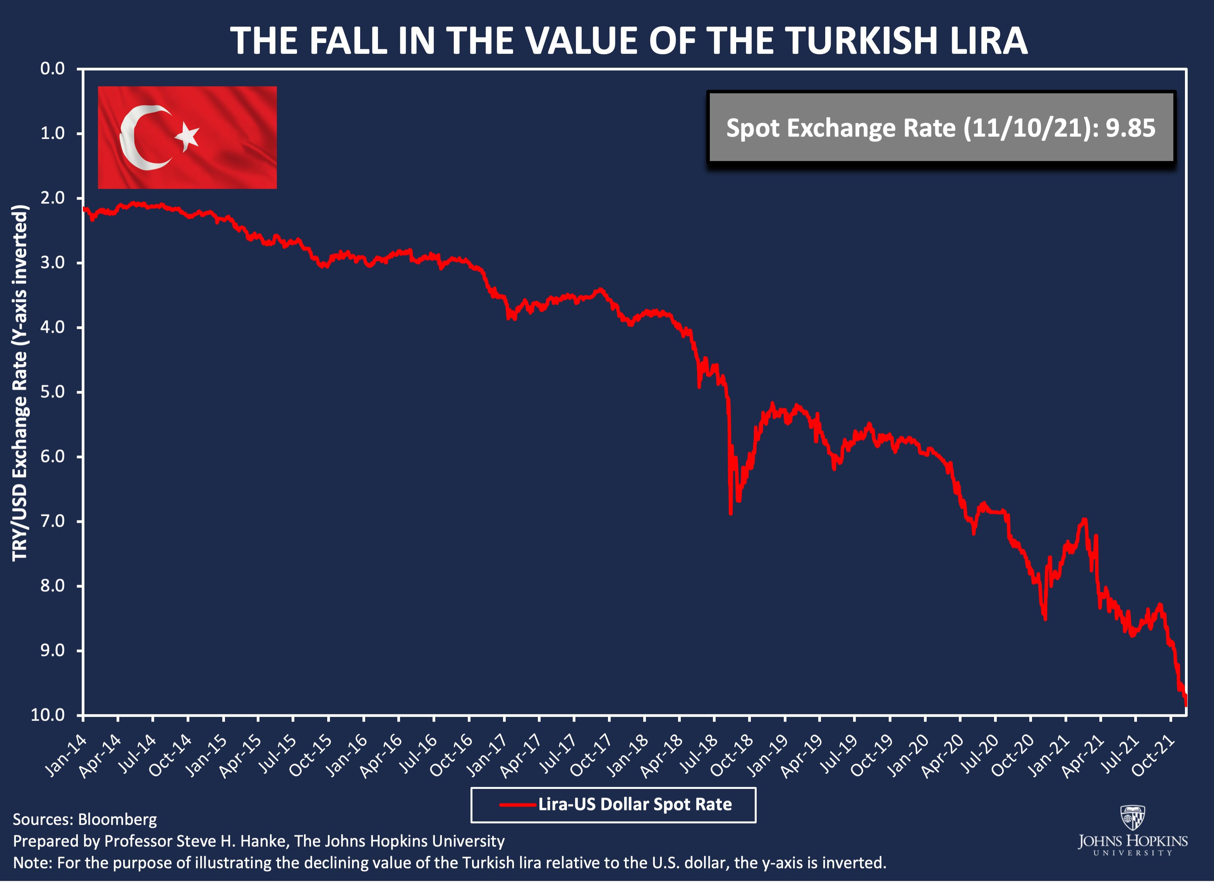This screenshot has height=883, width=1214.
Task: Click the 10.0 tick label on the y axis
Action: click(48, 715)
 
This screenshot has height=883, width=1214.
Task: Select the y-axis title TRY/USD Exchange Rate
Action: click(20, 382)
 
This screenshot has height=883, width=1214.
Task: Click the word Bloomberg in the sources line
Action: click(117, 820)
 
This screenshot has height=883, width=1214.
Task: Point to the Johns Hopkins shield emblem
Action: click(1133, 818)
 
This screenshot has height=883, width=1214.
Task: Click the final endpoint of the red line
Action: click(1186, 705)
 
